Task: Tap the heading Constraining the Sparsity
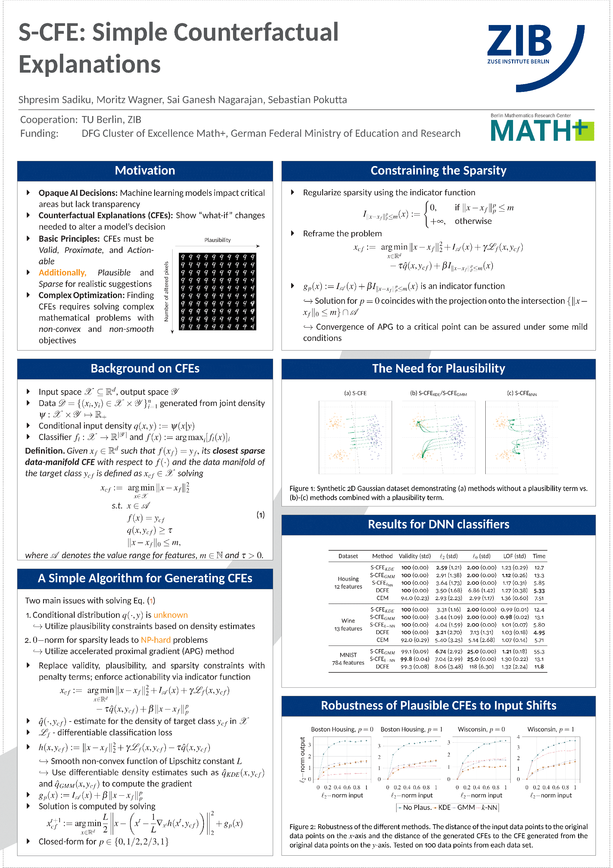(438, 171)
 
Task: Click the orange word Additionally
(62, 272)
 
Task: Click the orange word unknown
(170, 615)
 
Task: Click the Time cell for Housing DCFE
(539, 590)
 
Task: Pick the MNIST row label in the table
(348, 655)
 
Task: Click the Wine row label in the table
(348, 621)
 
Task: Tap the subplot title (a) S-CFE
(355, 393)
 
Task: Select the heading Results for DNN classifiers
(438, 524)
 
